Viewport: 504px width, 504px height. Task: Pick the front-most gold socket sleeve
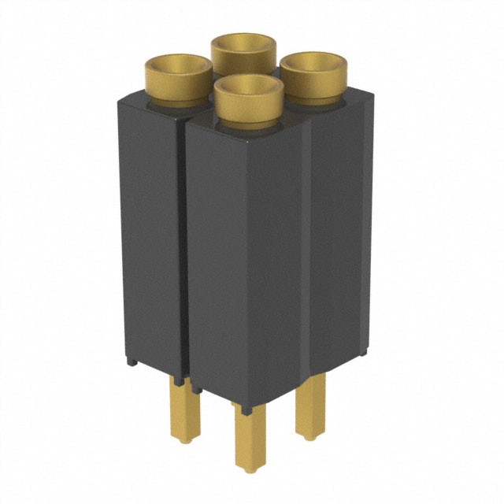coord(248,106)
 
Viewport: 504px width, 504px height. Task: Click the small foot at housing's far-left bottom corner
coord(132,361)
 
